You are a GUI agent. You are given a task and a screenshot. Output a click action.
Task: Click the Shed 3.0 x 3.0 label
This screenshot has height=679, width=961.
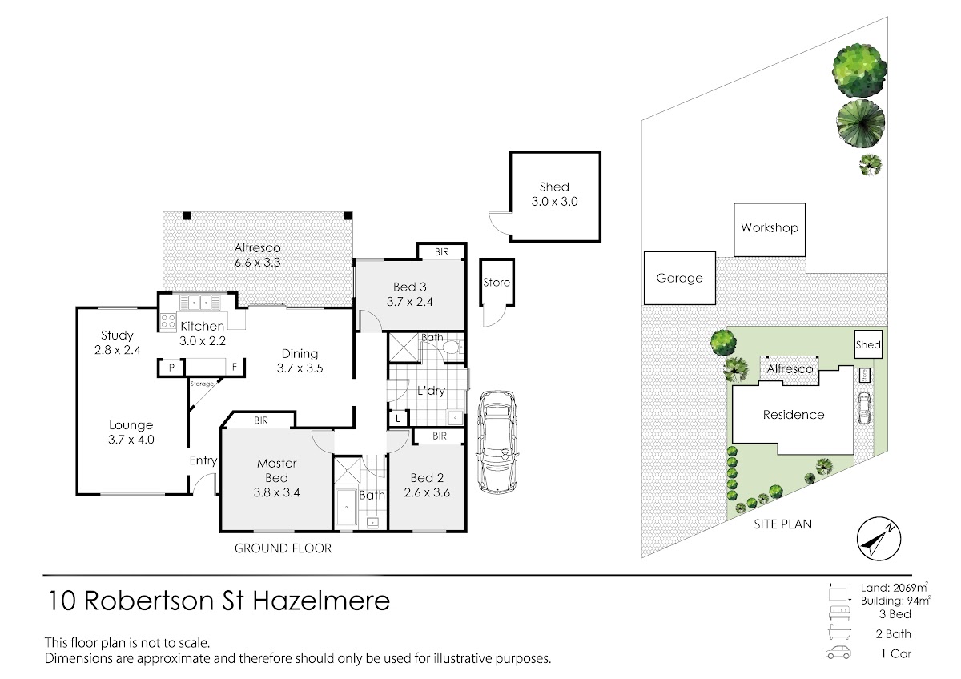point(554,195)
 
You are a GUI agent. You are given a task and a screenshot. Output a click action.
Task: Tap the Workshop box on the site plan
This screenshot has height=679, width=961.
point(770,230)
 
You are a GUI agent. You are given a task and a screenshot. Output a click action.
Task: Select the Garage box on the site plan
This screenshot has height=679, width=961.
point(680,278)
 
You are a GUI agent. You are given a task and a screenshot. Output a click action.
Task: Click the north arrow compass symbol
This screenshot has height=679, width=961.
point(879,539)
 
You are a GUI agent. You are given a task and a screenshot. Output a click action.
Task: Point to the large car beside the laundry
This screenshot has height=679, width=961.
point(497,443)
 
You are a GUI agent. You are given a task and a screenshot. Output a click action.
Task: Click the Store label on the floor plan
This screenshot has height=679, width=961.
point(497,282)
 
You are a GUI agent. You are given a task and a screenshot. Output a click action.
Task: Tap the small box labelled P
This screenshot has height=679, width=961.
point(171,368)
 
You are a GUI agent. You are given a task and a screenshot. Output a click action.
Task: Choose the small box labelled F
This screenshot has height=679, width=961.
point(235,368)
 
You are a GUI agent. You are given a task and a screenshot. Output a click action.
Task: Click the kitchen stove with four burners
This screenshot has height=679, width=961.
point(167,322)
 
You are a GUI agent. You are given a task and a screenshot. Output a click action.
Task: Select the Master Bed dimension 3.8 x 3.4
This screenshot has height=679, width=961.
point(277,492)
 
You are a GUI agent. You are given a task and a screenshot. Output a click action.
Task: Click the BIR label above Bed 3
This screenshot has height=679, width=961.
point(441,252)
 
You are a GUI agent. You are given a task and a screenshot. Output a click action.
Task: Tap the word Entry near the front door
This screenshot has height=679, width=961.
point(203,460)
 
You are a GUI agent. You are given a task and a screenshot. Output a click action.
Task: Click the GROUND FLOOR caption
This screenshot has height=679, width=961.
point(283,548)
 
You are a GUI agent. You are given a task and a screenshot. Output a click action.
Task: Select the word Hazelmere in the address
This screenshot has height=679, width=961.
point(321,601)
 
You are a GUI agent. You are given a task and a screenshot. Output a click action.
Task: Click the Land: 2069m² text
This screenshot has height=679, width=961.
point(895,587)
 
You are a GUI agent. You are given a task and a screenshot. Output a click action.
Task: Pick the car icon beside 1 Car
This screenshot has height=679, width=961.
point(838,653)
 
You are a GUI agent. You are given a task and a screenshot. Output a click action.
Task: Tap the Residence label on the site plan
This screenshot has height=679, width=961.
point(794,415)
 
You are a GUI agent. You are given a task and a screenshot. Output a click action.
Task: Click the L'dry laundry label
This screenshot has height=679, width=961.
point(431,390)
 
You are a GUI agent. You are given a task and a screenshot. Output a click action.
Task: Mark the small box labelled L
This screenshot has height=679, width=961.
point(398,418)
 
